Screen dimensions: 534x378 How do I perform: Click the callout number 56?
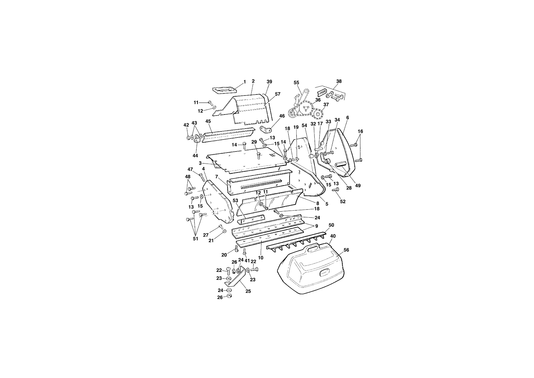(346, 250)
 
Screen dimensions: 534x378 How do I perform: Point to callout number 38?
(339, 81)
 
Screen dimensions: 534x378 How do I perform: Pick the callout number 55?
(296, 82)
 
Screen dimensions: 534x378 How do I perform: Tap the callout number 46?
(282, 116)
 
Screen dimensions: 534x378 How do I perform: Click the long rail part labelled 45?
(228, 135)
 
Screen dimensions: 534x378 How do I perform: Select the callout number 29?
(254, 142)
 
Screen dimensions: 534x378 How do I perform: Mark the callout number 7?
(216, 176)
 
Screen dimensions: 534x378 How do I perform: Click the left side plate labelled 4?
(218, 202)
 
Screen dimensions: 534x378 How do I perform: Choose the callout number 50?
(331, 225)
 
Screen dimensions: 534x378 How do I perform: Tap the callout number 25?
(248, 291)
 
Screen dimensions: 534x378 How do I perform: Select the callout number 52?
(343, 201)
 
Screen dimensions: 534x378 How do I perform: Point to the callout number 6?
(348, 118)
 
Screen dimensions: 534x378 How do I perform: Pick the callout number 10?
(261, 258)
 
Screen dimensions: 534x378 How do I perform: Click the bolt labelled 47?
(202, 177)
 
